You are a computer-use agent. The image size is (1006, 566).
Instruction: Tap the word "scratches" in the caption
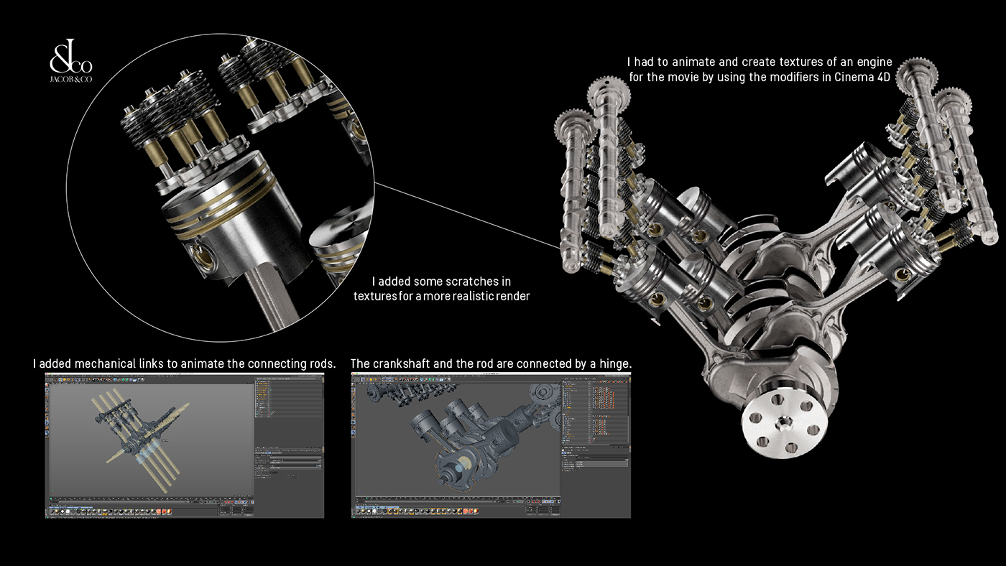coord(475,281)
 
